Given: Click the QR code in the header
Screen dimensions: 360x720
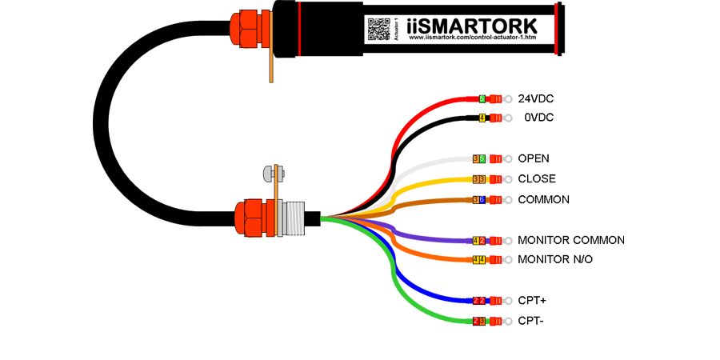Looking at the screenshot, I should tap(378, 28).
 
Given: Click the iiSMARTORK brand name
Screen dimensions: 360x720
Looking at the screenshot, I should tap(478, 25).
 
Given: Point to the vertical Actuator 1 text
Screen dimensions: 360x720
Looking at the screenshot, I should tap(396, 29).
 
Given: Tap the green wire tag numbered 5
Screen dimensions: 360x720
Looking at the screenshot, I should tap(482, 98).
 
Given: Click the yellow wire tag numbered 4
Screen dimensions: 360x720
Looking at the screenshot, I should tap(482, 118).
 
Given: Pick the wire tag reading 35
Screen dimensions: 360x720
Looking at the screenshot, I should tap(478, 159).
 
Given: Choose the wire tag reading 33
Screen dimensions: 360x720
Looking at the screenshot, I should tap(478, 179).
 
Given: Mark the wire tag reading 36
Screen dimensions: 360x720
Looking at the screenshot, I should tap(478, 199).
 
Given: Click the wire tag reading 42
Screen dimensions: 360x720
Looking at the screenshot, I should tap(478, 240).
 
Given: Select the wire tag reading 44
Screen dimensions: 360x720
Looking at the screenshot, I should tap(478, 259).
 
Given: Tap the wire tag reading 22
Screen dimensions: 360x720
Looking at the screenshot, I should tap(478, 300).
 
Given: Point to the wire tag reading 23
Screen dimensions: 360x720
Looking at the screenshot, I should tap(478, 320).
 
